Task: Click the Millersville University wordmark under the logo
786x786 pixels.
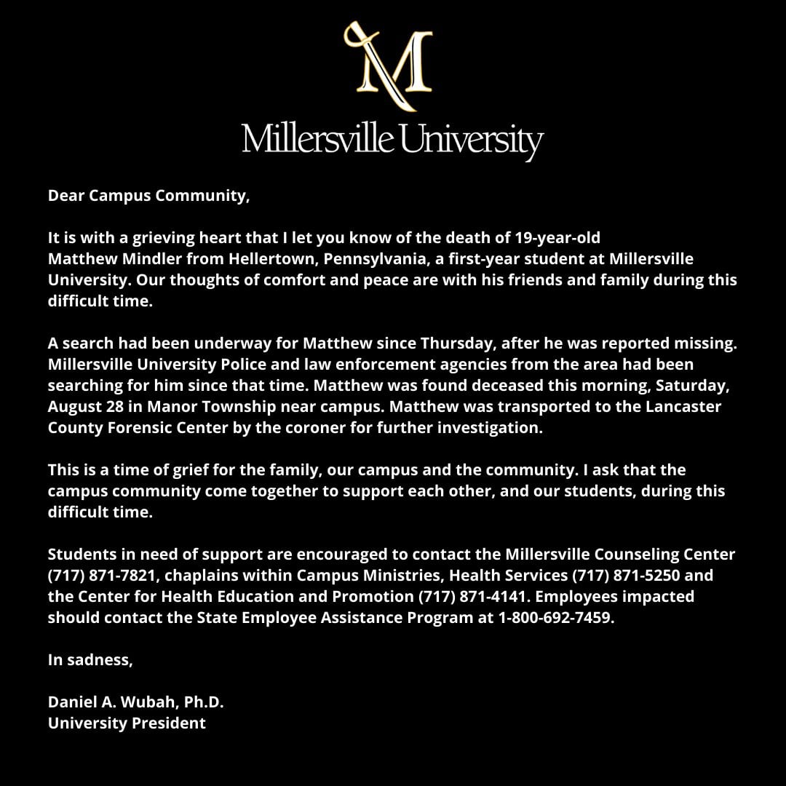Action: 392,139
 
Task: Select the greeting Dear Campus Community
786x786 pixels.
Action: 148,196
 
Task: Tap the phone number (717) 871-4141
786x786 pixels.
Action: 472,597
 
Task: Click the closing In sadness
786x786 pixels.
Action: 90,660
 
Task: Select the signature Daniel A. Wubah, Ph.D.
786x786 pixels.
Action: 135,702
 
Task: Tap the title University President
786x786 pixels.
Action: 127,723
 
